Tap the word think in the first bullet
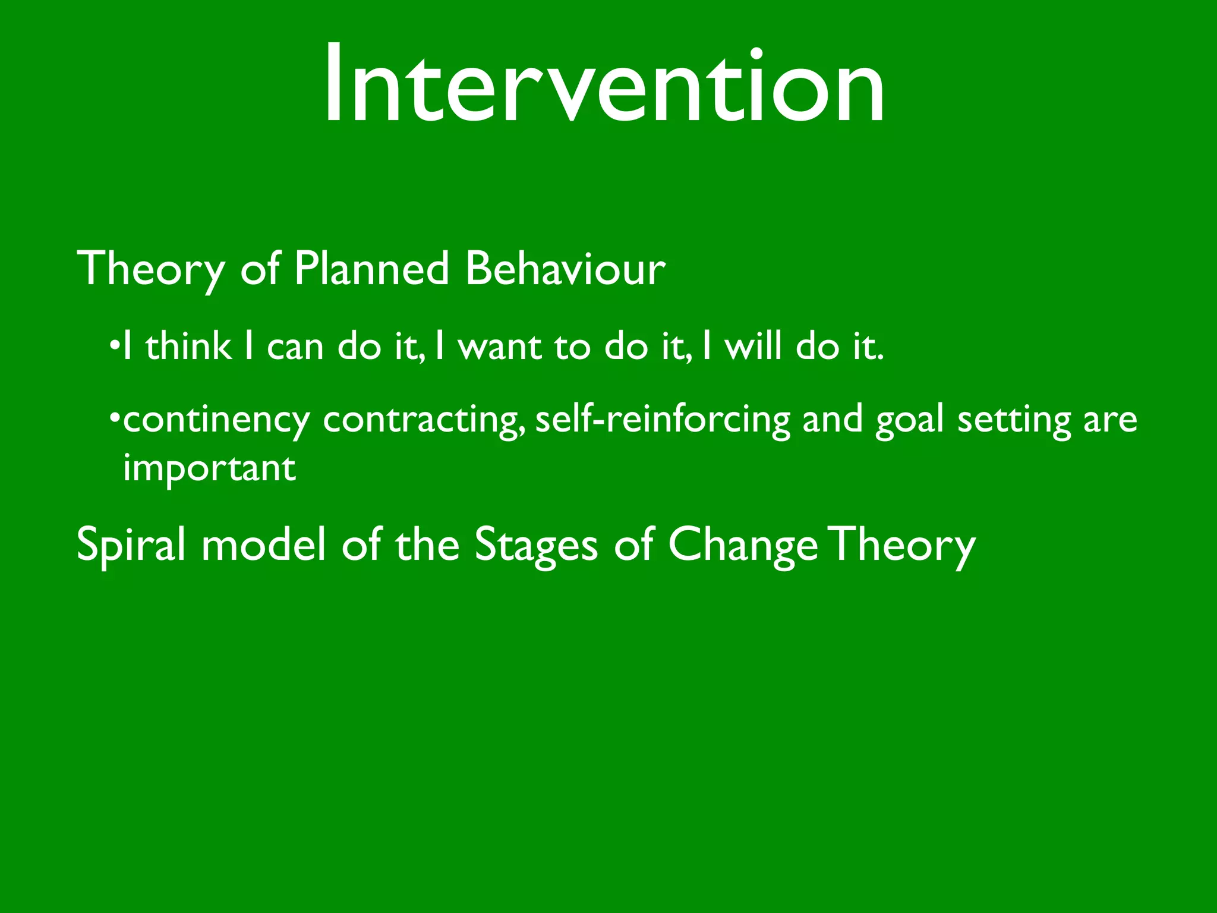(188, 347)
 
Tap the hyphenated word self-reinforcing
(663, 420)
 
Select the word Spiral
(131, 545)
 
